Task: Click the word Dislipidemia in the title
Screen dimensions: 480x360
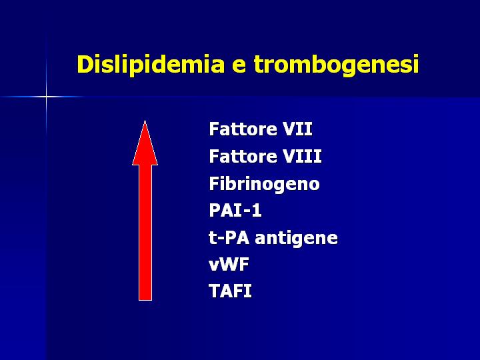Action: [x=151, y=65]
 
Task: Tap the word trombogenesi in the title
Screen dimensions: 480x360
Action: [x=336, y=64]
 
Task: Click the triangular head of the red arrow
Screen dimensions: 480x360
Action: [x=145, y=143]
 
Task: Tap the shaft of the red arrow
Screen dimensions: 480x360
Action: [x=145, y=233]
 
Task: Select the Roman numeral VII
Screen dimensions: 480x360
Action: [x=297, y=129]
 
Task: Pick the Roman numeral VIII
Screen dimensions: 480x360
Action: [x=302, y=156]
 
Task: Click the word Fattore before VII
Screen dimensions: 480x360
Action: [x=243, y=129]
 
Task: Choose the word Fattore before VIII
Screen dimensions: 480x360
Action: [x=243, y=156]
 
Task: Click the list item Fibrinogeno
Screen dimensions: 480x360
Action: [x=265, y=184]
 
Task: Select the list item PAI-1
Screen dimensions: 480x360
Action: [x=235, y=210]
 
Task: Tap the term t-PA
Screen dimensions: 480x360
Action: [x=229, y=237]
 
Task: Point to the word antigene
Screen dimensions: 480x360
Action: [x=296, y=239]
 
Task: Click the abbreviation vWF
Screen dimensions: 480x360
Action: [x=229, y=264]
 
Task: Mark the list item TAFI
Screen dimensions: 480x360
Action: [x=230, y=291]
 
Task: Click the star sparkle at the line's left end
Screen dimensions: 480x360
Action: [x=46, y=97]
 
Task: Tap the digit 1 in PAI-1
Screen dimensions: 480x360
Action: [x=257, y=210]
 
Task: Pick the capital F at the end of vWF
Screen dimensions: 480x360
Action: [x=244, y=264]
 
